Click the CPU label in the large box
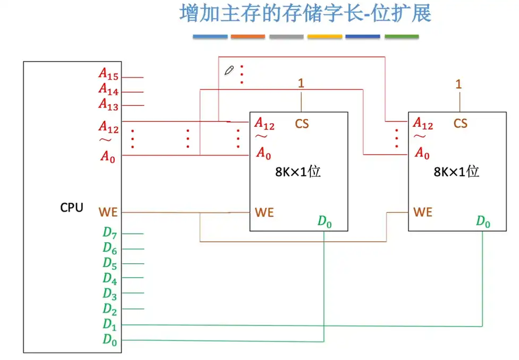point(72,208)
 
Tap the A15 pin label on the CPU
point(108,74)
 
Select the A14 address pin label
point(108,89)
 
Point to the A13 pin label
point(108,104)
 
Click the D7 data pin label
point(109,233)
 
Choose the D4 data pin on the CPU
point(109,278)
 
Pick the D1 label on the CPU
point(109,324)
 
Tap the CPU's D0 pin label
point(109,340)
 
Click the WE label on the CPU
point(108,212)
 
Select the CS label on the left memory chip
point(302,124)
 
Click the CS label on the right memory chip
point(461,124)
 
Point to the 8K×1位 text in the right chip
point(457,172)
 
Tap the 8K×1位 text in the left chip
point(298,172)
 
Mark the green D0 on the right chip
point(483,221)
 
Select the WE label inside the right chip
point(423,212)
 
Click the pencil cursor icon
point(230,70)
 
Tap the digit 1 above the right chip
point(459,84)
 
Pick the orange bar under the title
point(248,37)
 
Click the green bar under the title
point(402,37)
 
